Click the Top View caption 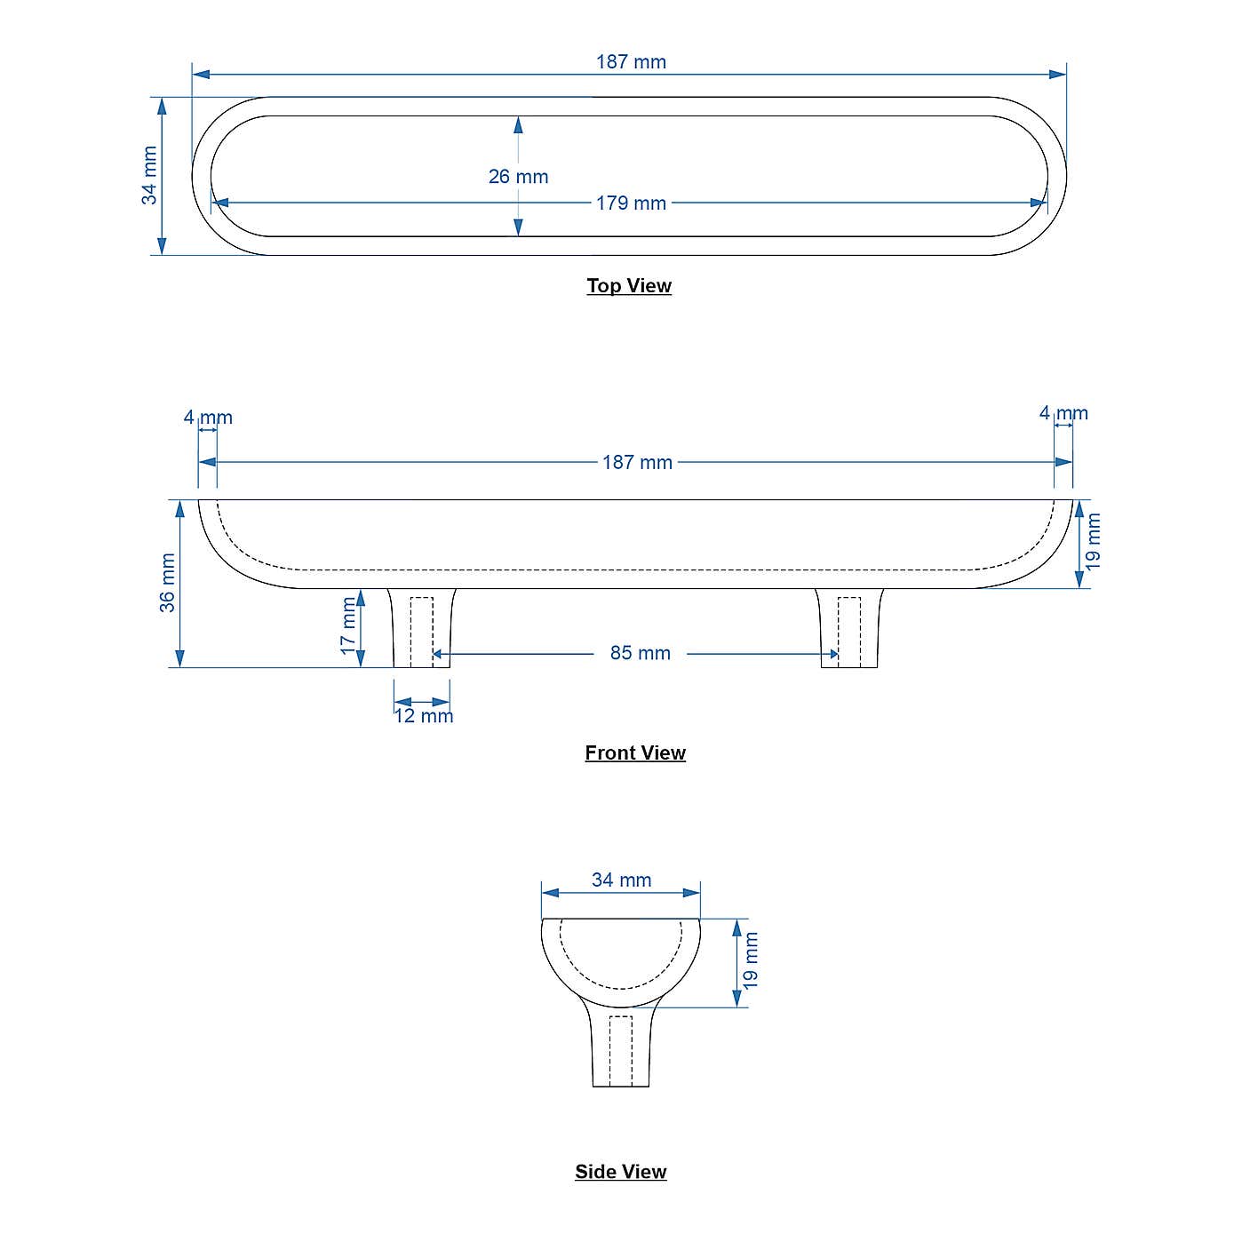tap(629, 286)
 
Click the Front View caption tap(635, 753)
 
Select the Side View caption tap(620, 1172)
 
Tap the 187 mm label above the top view tap(631, 62)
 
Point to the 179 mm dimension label tap(631, 203)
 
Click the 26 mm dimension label tap(518, 177)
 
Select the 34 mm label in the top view tap(149, 176)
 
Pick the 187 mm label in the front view tap(637, 463)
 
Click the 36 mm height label tap(167, 583)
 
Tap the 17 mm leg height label tap(348, 625)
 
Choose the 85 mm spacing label tap(640, 654)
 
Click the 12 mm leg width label tap(424, 716)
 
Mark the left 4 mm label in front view tap(208, 418)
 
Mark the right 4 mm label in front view tap(1063, 413)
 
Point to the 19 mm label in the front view tap(1094, 541)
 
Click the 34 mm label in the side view tap(621, 880)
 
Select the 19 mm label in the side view tap(752, 960)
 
